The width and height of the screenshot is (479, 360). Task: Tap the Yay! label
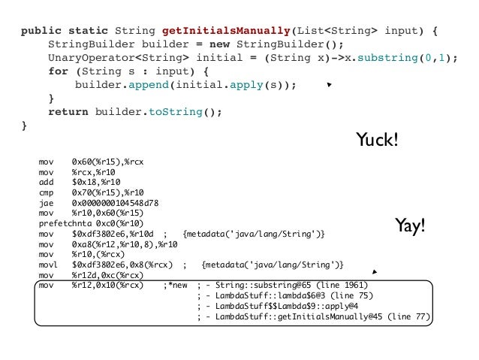410,225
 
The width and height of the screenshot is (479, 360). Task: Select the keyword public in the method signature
39,32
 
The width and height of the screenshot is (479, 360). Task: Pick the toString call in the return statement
186,112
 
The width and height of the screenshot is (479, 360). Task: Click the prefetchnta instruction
64,225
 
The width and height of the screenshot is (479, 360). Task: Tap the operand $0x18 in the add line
84,182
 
